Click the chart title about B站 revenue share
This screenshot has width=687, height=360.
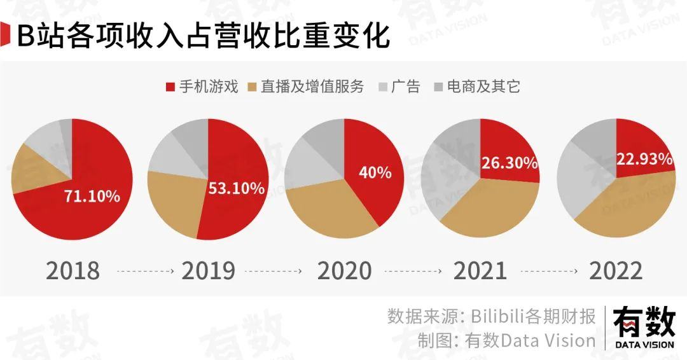(202, 36)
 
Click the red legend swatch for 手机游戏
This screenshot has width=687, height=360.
(170, 87)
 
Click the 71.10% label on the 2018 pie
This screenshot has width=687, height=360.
(92, 196)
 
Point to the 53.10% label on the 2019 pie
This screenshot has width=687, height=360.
(236, 188)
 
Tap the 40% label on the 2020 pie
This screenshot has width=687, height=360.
(375, 172)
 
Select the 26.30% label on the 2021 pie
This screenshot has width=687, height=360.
(509, 163)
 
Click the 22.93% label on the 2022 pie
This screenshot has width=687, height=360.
(644, 159)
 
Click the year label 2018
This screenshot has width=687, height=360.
(73, 271)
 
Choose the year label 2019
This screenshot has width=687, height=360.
(208, 271)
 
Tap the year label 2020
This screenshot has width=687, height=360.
(344, 271)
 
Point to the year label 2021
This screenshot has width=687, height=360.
(480, 271)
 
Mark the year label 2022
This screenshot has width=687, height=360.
(616, 271)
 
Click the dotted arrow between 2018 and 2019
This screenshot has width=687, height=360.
(145, 272)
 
